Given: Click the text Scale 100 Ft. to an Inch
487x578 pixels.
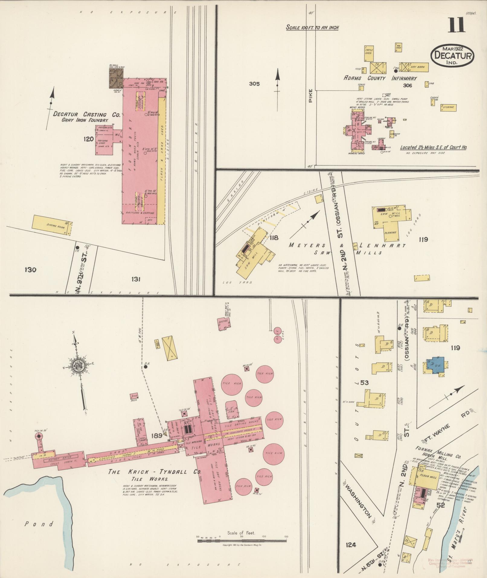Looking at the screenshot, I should (313, 27).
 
